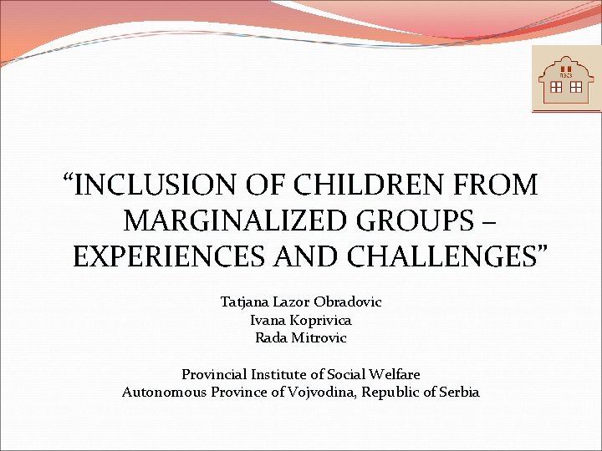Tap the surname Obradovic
pyautogui.click(x=347, y=302)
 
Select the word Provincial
pyautogui.click(x=215, y=374)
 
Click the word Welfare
pyautogui.click(x=393, y=374)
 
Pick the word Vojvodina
pyautogui.click(x=324, y=392)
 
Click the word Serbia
pyautogui.click(x=457, y=392)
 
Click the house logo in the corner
pyautogui.click(x=566, y=79)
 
